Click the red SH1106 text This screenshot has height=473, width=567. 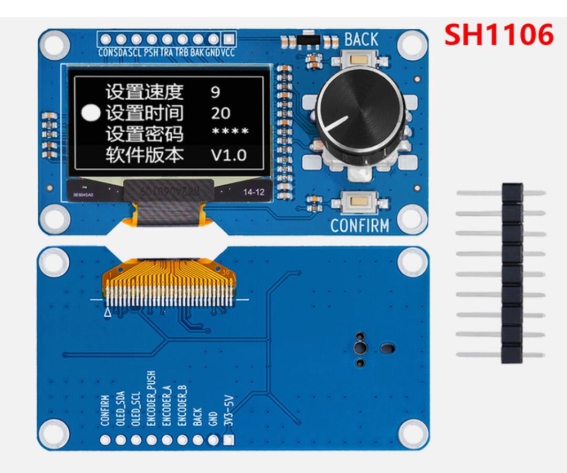(x=499, y=35)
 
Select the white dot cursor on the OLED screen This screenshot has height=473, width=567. (x=91, y=113)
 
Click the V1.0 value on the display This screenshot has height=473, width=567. (x=229, y=155)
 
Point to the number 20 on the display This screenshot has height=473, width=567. (x=221, y=113)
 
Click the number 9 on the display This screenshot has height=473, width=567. (x=215, y=92)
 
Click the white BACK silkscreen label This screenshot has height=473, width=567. (x=361, y=39)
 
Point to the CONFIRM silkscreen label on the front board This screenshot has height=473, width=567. (x=360, y=226)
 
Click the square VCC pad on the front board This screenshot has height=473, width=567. (x=228, y=39)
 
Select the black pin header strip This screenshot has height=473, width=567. (x=512, y=273)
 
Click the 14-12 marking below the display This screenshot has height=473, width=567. (x=254, y=192)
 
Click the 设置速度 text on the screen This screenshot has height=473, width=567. (x=144, y=92)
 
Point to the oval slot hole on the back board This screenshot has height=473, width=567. (x=388, y=347)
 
